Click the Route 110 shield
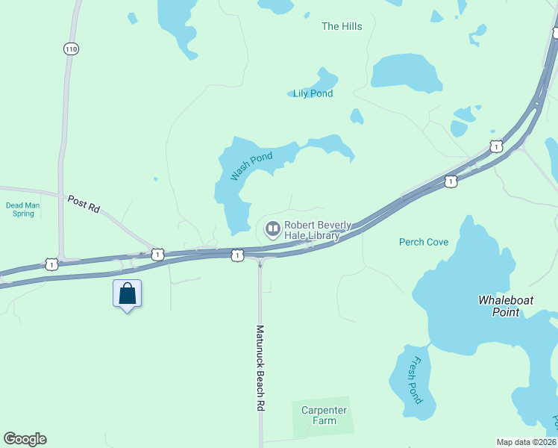71,49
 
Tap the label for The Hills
342,27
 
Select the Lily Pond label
313,93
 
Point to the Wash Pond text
251,166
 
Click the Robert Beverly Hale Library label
312,230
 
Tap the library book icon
272,228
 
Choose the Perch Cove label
424,242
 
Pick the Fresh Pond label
416,380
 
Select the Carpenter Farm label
324,415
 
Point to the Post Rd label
84,204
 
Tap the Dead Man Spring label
20,209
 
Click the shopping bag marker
127,293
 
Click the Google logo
25,439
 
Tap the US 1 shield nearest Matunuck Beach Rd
236,255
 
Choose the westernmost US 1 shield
51,264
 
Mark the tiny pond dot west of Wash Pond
155,179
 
